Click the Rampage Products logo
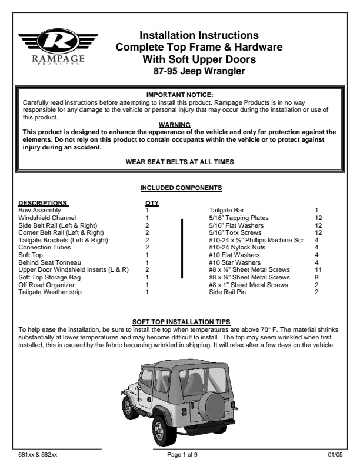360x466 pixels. (58, 48)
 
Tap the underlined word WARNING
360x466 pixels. (175, 125)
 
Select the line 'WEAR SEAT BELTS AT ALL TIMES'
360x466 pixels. (179, 161)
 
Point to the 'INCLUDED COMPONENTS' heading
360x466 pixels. (181, 188)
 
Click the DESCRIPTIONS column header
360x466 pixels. (43, 203)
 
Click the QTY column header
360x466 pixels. (152, 203)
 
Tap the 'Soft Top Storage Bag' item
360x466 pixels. (50, 277)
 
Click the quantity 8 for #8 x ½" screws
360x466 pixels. (316, 277)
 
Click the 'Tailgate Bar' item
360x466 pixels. (227, 210)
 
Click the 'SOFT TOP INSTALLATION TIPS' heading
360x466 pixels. (179, 322)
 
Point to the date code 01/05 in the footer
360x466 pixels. (333, 455)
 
